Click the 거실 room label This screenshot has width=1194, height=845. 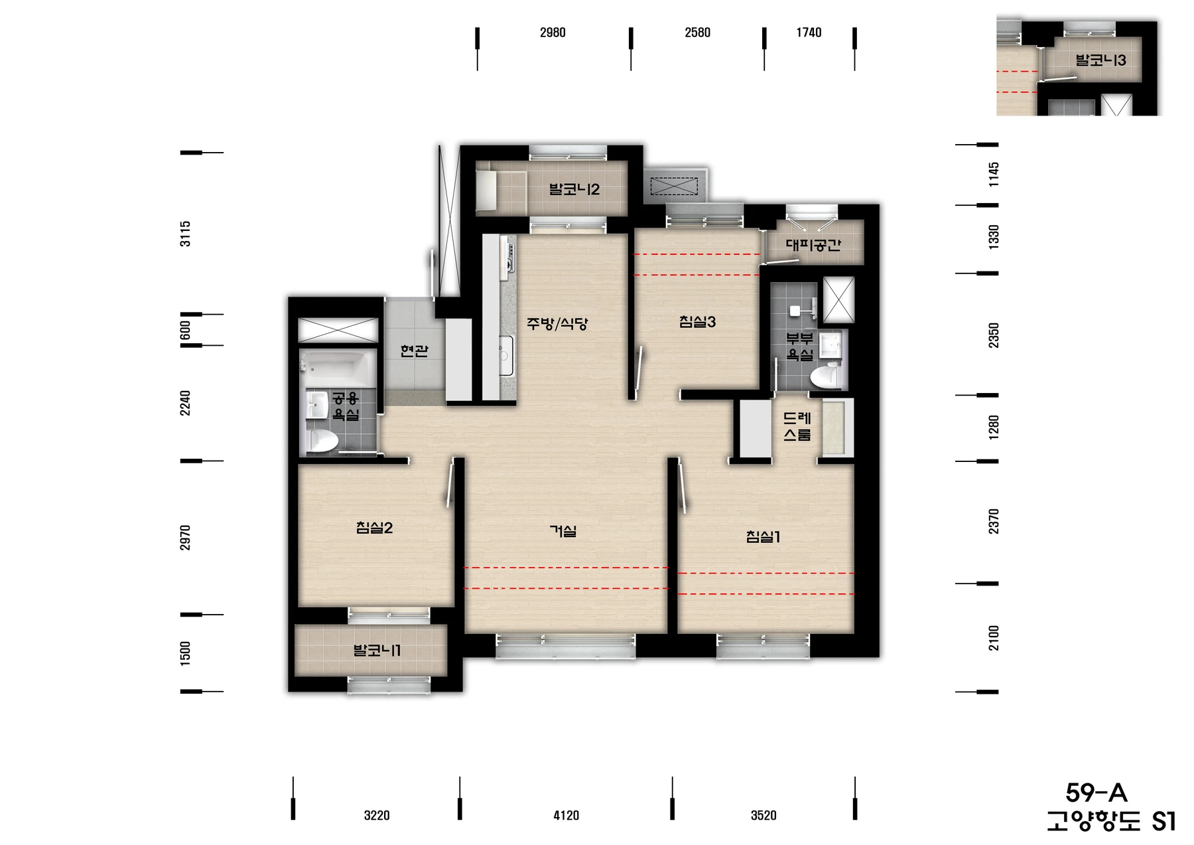pyautogui.click(x=563, y=531)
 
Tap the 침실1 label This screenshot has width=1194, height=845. pyautogui.click(x=763, y=536)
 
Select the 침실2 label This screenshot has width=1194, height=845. pyautogui.click(x=374, y=528)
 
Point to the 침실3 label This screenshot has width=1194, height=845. pyautogui.click(x=697, y=322)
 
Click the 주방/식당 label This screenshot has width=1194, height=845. pyautogui.click(x=557, y=324)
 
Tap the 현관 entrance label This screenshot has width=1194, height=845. pyautogui.click(x=415, y=350)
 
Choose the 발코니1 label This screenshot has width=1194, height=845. pyautogui.click(x=377, y=651)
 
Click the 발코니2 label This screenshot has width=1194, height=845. pyautogui.click(x=574, y=190)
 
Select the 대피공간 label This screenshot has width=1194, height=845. pyautogui.click(x=813, y=245)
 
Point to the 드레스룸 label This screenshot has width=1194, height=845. pyautogui.click(x=797, y=427)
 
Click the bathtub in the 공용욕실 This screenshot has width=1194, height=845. pyautogui.click(x=337, y=364)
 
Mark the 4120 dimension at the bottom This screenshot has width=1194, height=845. pyautogui.click(x=566, y=815)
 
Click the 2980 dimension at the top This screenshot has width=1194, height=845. pyautogui.click(x=553, y=33)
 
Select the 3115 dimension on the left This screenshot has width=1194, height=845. pyautogui.click(x=185, y=234)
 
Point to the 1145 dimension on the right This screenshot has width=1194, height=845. pyautogui.click(x=993, y=175)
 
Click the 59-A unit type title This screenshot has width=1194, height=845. pyautogui.click(x=1096, y=793)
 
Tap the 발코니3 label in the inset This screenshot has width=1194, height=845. pyautogui.click(x=1101, y=60)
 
